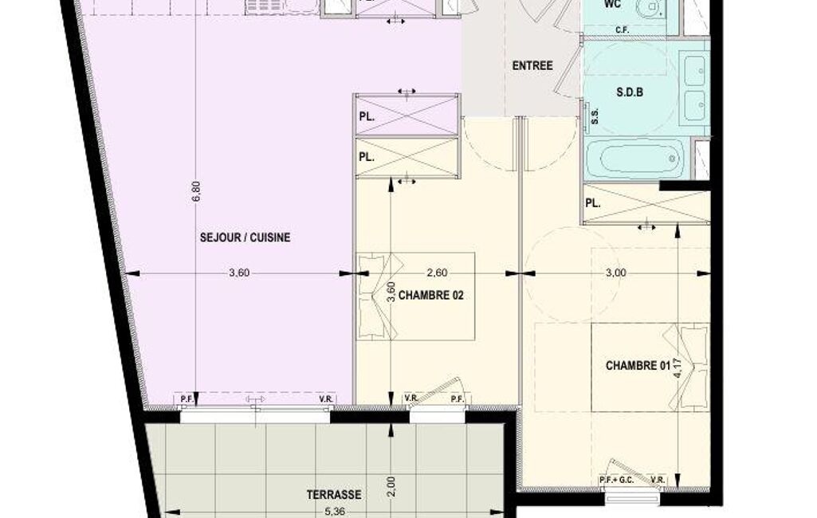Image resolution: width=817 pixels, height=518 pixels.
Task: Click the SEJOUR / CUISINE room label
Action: (x=245, y=237)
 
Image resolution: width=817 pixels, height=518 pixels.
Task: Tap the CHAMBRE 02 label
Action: (x=431, y=296)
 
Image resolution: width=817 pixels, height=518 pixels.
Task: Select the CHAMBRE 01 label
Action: (x=638, y=366)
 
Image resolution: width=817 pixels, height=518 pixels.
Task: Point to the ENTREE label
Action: (x=532, y=66)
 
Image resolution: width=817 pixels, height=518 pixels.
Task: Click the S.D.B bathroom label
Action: (x=630, y=92)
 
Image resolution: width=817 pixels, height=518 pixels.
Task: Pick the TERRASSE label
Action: (x=334, y=495)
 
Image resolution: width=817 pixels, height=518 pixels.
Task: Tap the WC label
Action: (x=612, y=5)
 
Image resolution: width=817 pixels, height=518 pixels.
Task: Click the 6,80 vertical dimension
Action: (x=196, y=190)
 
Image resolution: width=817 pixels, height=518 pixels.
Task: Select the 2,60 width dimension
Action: (x=437, y=273)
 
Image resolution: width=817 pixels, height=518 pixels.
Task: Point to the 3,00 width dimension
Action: (x=616, y=273)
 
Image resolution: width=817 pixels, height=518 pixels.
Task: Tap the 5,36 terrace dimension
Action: (x=335, y=512)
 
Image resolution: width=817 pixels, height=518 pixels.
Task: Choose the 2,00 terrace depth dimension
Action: (x=392, y=487)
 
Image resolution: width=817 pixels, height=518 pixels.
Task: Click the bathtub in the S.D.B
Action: (x=634, y=158)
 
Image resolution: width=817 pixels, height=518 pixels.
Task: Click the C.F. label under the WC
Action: (x=623, y=30)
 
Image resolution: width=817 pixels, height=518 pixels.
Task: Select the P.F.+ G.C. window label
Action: (x=616, y=480)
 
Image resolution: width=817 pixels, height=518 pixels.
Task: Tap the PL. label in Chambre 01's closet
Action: (x=593, y=203)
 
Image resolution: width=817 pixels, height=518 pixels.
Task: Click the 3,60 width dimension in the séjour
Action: (x=239, y=273)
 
